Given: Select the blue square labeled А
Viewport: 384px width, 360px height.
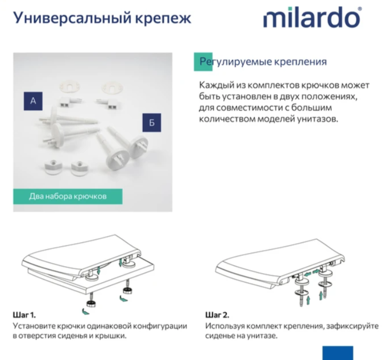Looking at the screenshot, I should tap(33, 101).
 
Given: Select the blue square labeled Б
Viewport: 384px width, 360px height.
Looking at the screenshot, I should tap(152, 123).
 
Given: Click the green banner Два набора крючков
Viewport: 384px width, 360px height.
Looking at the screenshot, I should tap(67, 196).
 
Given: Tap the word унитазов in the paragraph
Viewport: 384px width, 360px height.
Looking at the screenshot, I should tap(316, 119).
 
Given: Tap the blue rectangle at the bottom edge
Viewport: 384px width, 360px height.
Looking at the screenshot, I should tap(337, 353).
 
